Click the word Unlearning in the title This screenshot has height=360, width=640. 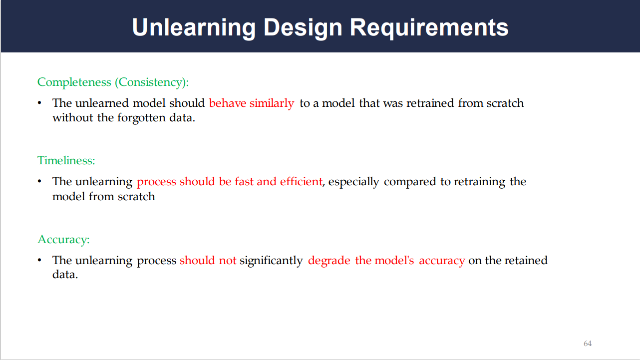pos(194,28)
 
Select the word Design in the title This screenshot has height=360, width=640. pos(303,28)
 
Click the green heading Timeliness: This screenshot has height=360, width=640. pos(66,160)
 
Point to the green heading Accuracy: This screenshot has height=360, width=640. pos(63,239)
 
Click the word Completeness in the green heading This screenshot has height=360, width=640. pos(74,82)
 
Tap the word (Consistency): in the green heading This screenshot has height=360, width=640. pos(152,82)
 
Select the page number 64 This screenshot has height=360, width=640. pos(588,343)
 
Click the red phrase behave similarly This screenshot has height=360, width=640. pos(252,103)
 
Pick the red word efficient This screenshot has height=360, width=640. pos(301,181)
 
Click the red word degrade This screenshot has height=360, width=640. pos(329,261)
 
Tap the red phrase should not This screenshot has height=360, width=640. pos(208,260)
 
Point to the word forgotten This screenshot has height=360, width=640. pos(141,118)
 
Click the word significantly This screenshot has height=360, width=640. pos(271,261)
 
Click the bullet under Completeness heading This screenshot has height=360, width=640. pos(39,103)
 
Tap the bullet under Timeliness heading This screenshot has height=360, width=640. pos(39,181)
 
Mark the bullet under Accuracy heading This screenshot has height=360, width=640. pos(39,260)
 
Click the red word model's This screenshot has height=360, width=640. pos(384,260)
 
